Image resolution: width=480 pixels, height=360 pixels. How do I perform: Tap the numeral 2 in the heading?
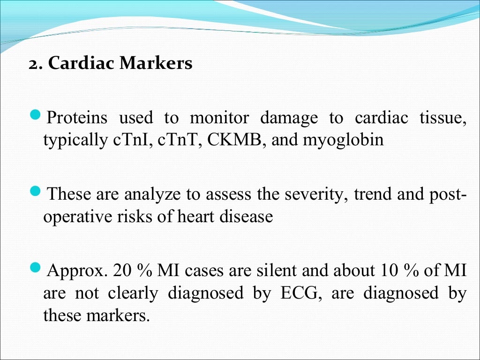tap(32, 64)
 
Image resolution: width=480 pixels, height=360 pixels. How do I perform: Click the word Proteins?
tap(77, 118)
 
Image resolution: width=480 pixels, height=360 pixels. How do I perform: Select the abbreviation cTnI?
tap(134, 140)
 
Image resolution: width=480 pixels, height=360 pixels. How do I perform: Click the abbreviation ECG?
tap(299, 293)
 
